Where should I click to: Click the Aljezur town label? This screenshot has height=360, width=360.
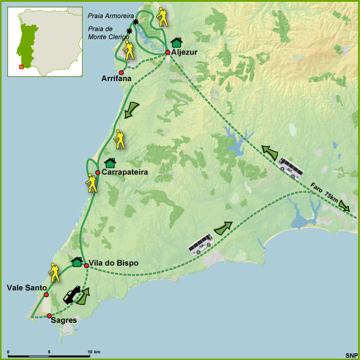[x=185, y=53]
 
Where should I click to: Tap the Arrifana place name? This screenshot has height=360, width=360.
[x=117, y=79]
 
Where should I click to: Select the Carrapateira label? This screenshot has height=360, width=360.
[x=125, y=172]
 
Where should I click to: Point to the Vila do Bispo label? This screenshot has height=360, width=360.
[x=114, y=263]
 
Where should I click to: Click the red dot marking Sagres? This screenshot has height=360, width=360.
[x=49, y=316]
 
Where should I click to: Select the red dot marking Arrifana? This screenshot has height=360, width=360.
[x=122, y=73]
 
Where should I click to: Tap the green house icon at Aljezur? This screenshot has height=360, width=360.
[x=176, y=42]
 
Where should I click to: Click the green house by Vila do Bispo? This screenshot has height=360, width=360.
[x=77, y=262]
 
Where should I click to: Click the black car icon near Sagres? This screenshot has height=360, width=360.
[x=71, y=295]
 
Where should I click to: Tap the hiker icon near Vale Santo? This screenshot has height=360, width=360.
[x=55, y=273]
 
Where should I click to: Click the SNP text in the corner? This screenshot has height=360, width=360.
[x=351, y=355]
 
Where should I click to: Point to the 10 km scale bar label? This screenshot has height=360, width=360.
[x=93, y=352]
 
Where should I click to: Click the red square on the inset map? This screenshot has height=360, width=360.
[x=22, y=67]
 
